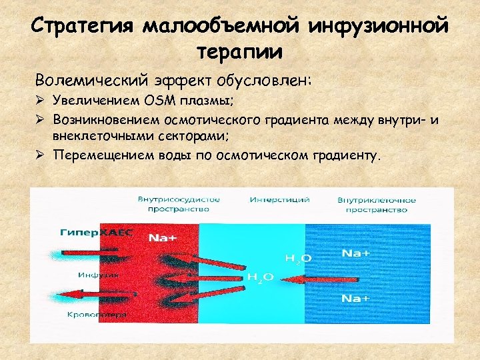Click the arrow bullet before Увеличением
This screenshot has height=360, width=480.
[42, 101]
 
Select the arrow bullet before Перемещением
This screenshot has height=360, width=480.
[42, 155]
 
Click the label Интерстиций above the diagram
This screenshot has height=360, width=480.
[269, 200]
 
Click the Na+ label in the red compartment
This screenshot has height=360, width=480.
[163, 237]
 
